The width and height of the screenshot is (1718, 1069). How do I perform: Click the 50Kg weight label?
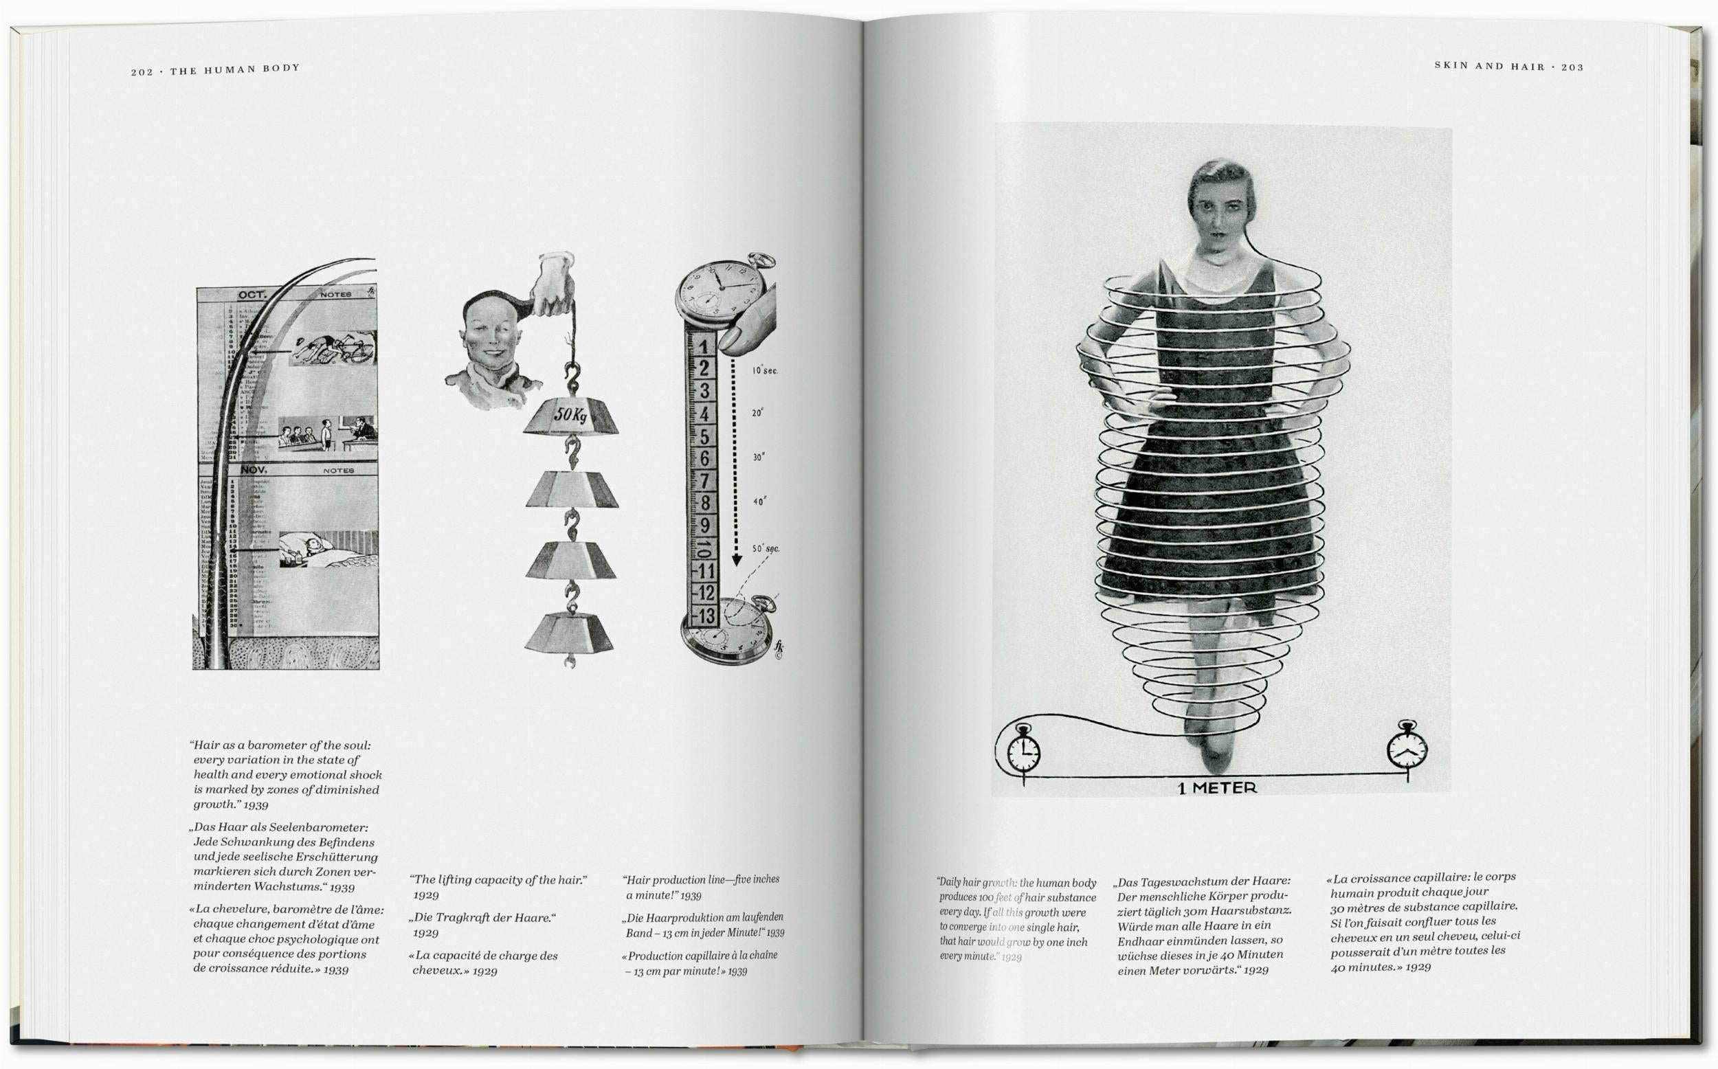click(x=572, y=415)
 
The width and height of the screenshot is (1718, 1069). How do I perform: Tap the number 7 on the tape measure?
click(x=704, y=481)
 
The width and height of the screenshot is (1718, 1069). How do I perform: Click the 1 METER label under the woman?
click(x=1217, y=787)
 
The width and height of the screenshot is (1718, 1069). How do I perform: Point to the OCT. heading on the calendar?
click(x=252, y=295)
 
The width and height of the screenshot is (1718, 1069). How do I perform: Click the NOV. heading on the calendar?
click(x=253, y=469)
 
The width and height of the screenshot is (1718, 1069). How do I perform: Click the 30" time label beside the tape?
click(x=758, y=458)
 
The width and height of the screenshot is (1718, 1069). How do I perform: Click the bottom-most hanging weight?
click(x=568, y=631)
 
